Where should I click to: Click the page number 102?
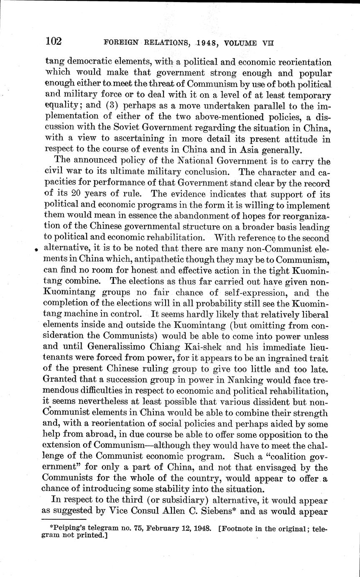[54, 41]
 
